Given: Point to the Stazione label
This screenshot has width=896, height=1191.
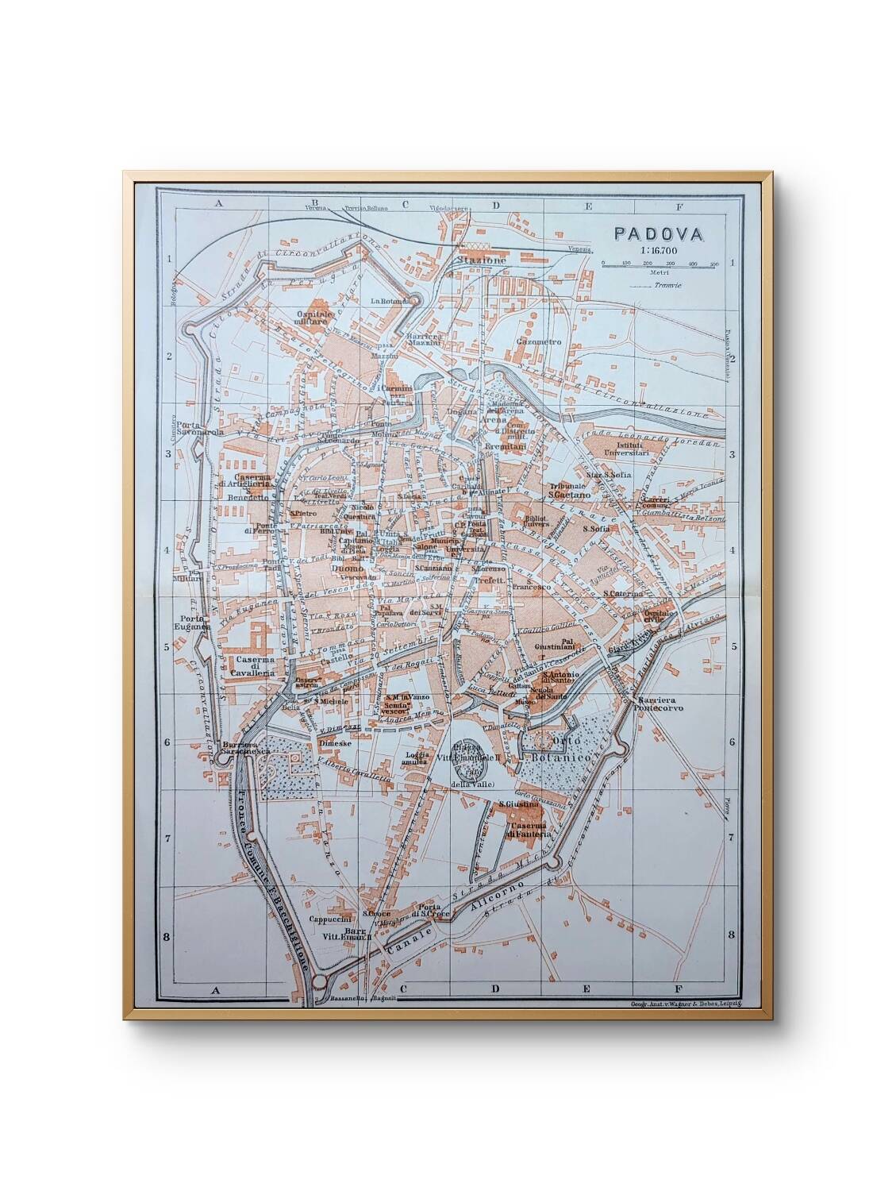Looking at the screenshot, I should [480, 260].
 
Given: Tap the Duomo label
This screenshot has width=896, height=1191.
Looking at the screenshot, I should [346, 569].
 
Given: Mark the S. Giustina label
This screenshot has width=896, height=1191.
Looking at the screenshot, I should [519, 804].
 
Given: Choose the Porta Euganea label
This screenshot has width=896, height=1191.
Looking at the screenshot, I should [194, 623].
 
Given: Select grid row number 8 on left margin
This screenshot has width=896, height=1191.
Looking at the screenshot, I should [166, 937].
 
